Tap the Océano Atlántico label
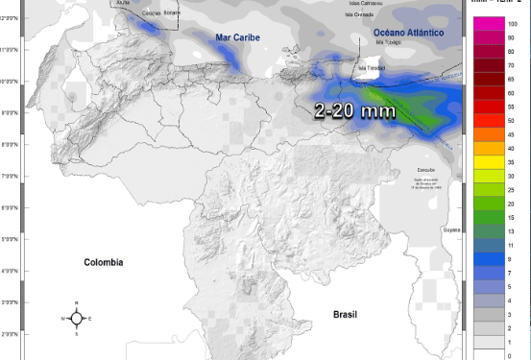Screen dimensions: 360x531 point(407,33)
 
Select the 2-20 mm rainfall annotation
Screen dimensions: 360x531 point(354,110)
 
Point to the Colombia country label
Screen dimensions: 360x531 point(105,262)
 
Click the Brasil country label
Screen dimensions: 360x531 point(345,314)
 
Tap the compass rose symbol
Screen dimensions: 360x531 point(77,318)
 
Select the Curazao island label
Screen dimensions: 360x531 point(151,13)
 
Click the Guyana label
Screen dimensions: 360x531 point(451,229)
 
